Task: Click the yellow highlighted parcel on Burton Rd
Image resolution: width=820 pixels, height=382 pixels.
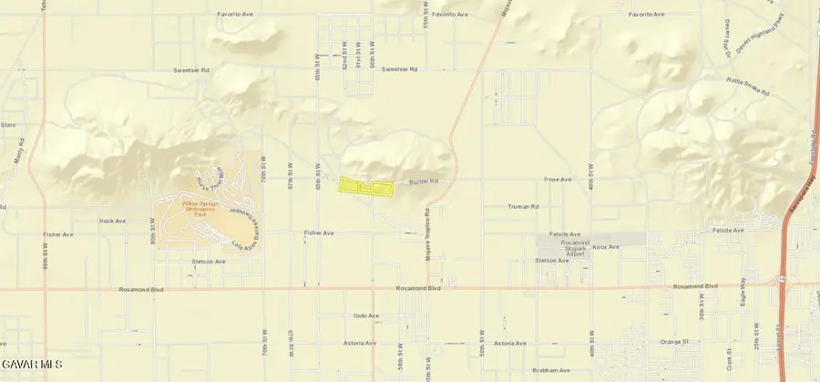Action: coord(364,187)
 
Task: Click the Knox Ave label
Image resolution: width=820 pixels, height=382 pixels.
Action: coord(606,247)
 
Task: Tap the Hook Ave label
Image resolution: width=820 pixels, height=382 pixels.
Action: coord(112,221)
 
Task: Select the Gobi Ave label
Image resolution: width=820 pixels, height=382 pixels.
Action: coord(366,315)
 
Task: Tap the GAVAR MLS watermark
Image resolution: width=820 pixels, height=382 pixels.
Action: coord(32,365)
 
